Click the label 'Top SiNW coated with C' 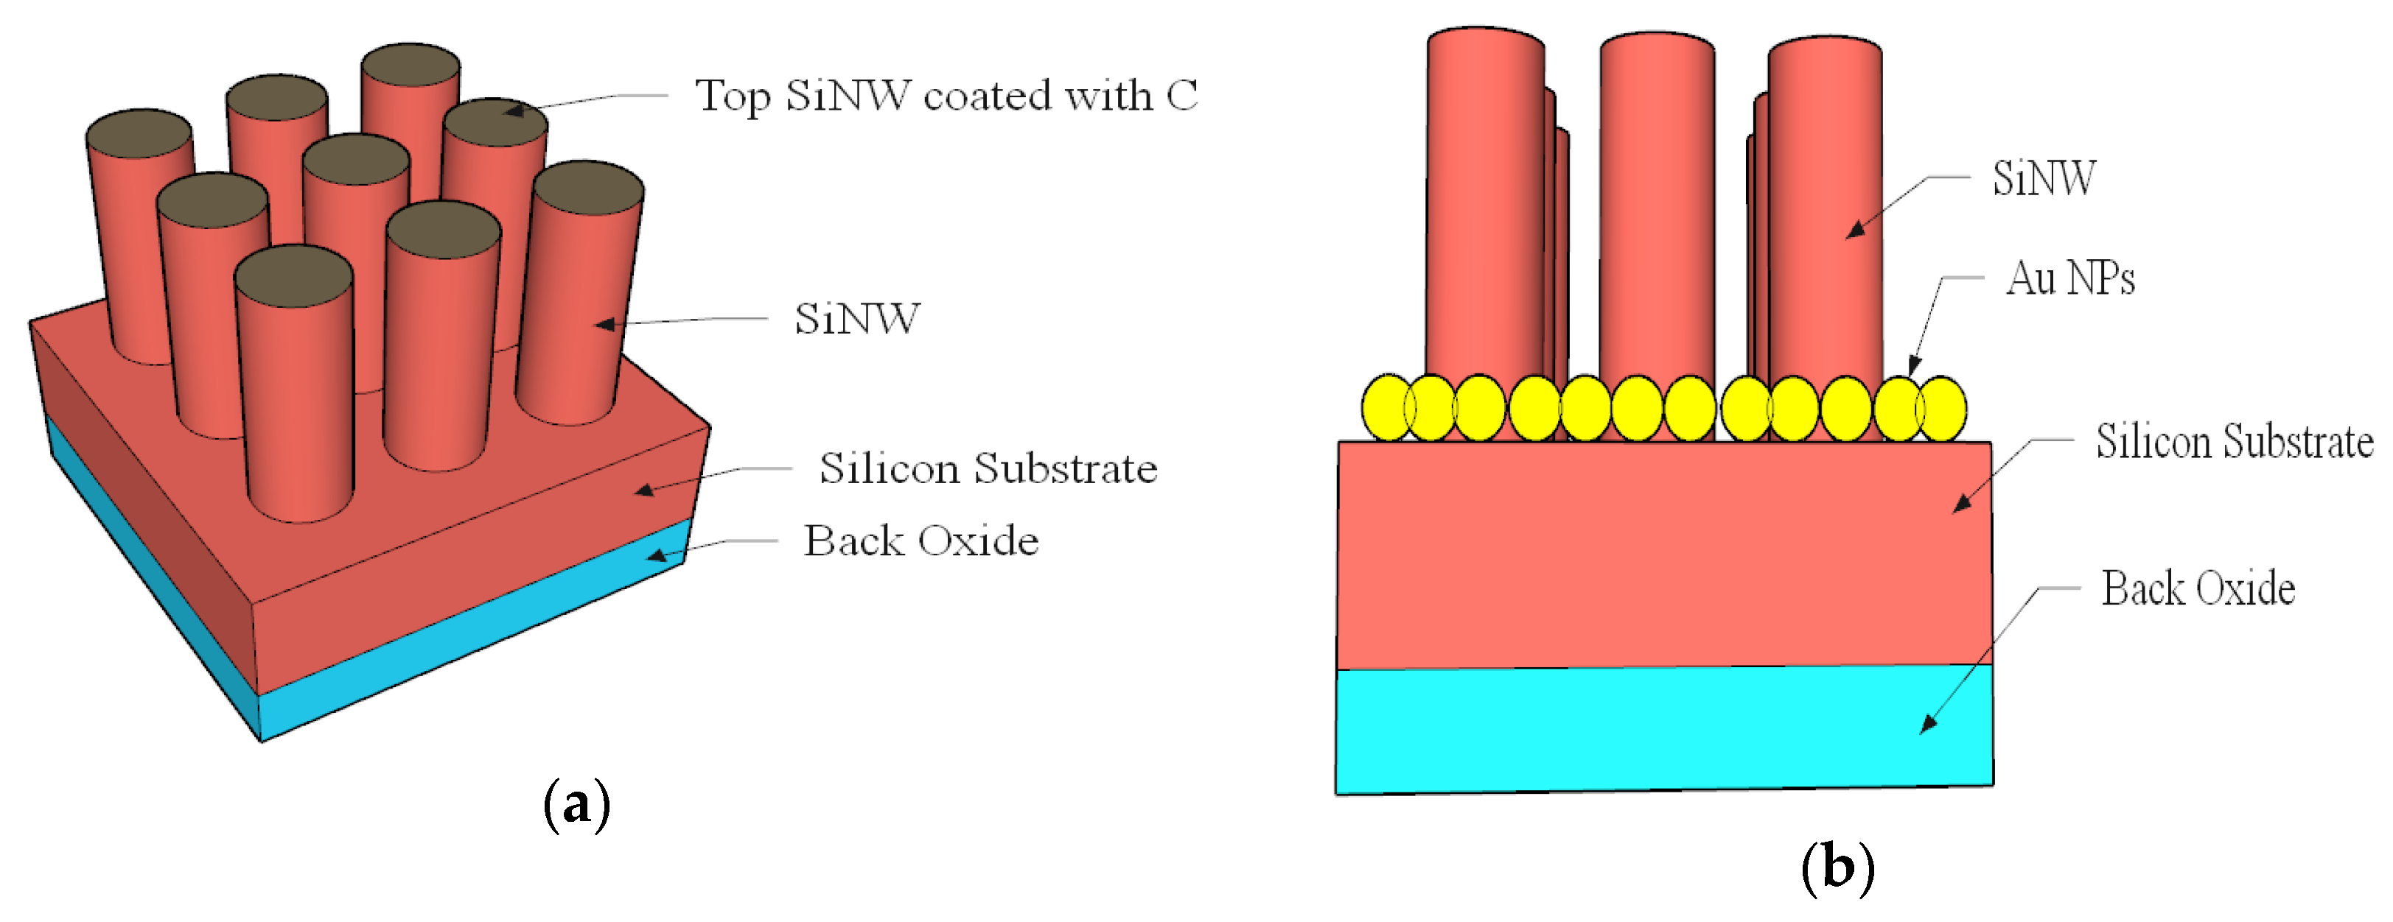(x=946, y=96)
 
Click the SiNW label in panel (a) (x=856, y=318)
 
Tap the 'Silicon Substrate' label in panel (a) (x=988, y=468)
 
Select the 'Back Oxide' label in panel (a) (x=920, y=541)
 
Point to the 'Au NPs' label (x=2069, y=278)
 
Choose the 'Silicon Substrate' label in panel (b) (x=2234, y=441)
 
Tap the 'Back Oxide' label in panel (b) (x=2198, y=588)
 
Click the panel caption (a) (x=576, y=804)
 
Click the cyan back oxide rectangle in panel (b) (x=1663, y=729)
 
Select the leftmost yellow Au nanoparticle (x=1386, y=407)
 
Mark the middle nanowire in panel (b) (x=1656, y=214)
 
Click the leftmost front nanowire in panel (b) (x=1484, y=214)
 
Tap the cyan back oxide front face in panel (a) (x=464, y=641)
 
